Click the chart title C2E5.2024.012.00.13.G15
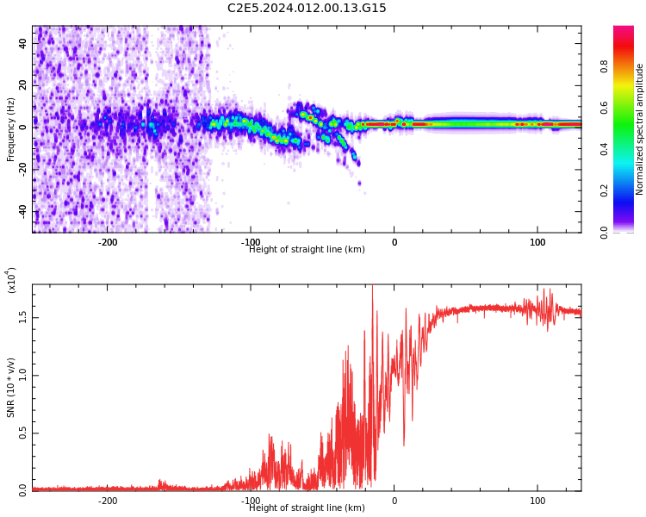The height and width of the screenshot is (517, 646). [307, 9]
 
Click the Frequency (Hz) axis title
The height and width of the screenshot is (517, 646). [11, 129]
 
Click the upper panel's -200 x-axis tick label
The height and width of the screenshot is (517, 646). [108, 242]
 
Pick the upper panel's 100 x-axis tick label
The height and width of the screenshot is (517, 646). [537, 242]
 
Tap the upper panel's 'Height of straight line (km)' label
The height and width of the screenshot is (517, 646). [307, 250]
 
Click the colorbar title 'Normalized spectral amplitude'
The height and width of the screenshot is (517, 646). [640, 129]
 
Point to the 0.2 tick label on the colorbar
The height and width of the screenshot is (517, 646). [628, 190]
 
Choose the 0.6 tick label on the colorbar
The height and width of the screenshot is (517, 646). [628, 108]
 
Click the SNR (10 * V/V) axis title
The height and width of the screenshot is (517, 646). [11, 388]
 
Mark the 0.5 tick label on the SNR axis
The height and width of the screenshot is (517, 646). [23, 433]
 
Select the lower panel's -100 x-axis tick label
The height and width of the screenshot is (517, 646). [251, 501]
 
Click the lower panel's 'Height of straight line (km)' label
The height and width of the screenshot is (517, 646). [307, 508]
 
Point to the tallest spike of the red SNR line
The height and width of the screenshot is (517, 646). [372, 287]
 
